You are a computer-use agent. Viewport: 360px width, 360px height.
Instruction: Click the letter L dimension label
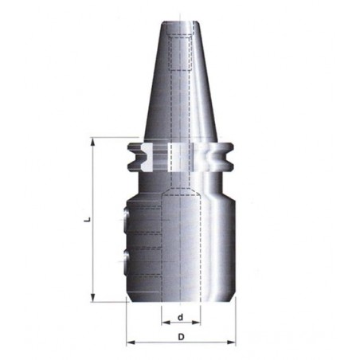[x=88, y=219]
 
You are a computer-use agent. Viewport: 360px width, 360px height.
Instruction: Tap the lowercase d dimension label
[x=181, y=317]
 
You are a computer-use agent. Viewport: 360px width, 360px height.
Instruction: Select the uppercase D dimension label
[x=181, y=337]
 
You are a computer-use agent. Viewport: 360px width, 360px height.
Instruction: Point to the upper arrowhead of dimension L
[x=92, y=142]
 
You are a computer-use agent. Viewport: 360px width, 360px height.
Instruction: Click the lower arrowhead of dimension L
[x=92, y=297]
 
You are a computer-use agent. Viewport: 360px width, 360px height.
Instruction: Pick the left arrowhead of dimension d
[x=166, y=323]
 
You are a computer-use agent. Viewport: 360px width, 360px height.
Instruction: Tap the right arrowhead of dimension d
[x=196, y=323]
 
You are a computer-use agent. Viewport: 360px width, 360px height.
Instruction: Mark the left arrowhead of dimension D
[x=131, y=342]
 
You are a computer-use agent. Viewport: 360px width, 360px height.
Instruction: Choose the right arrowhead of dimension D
[x=231, y=342]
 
